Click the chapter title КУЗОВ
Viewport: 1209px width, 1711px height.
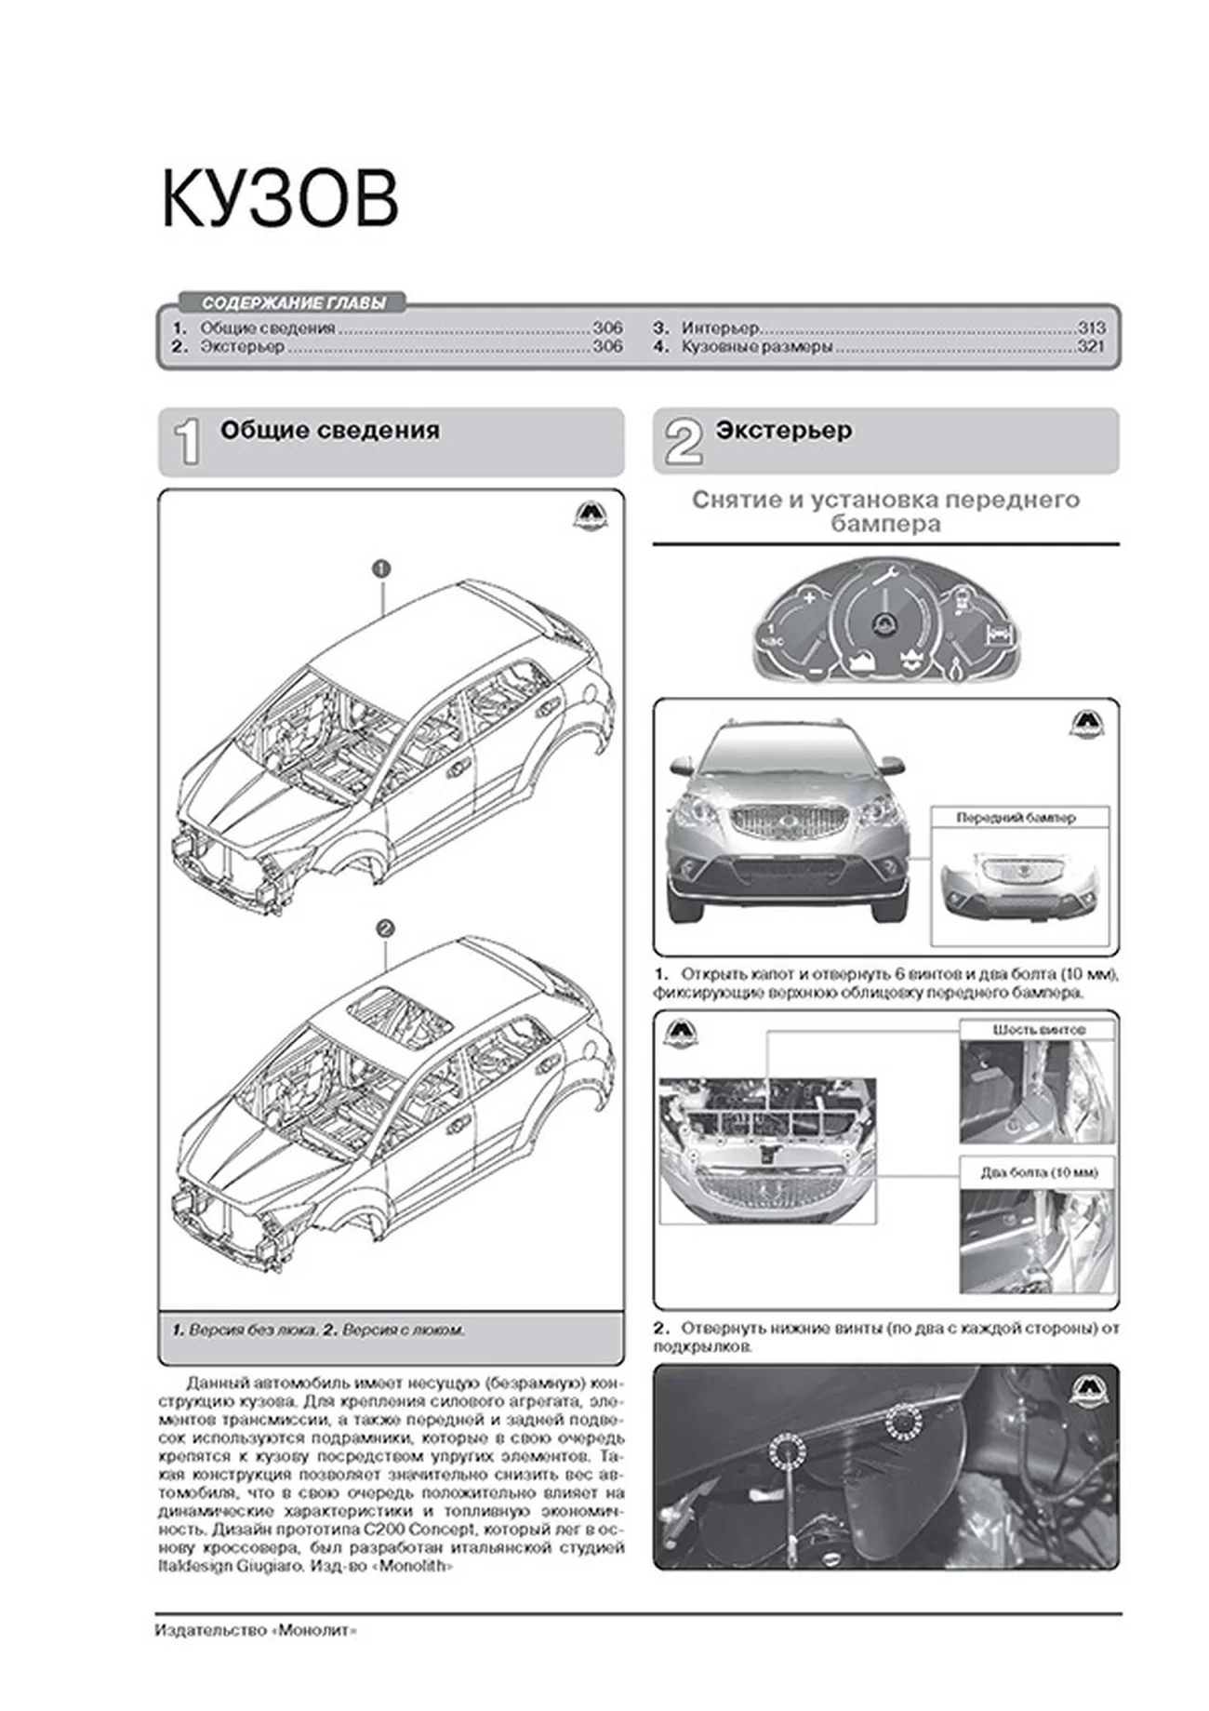[280, 200]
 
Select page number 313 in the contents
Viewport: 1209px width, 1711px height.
[1091, 328]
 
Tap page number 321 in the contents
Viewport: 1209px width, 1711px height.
[1091, 347]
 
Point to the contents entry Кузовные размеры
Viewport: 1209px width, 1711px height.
[756, 347]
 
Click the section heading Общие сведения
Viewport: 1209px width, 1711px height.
[329, 431]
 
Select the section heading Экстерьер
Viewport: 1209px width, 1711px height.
[783, 431]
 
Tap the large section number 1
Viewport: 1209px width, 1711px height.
[189, 442]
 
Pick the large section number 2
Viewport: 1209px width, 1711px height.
[684, 442]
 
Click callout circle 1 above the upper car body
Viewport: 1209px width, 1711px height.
[380, 568]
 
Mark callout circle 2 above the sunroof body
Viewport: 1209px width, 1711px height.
[384, 929]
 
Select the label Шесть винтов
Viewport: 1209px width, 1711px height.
[1038, 1030]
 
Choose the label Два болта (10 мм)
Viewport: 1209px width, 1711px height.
[1038, 1172]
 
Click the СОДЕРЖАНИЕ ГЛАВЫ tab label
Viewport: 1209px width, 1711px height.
[292, 303]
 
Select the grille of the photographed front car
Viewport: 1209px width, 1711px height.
[787, 822]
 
